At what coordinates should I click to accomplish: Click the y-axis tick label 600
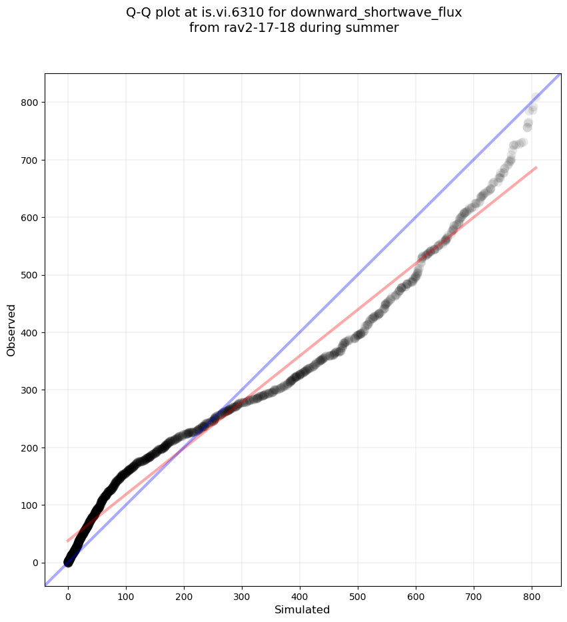[29, 218]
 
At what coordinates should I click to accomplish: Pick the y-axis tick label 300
[29, 390]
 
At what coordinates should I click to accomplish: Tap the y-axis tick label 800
[29, 103]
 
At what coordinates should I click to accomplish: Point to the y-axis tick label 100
[29, 505]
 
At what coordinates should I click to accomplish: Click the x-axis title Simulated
[302, 610]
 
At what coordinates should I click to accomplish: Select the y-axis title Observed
[11, 330]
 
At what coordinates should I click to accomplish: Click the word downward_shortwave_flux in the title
[376, 13]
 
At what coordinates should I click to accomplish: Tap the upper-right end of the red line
[536, 167]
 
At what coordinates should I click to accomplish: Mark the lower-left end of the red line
[68, 541]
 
